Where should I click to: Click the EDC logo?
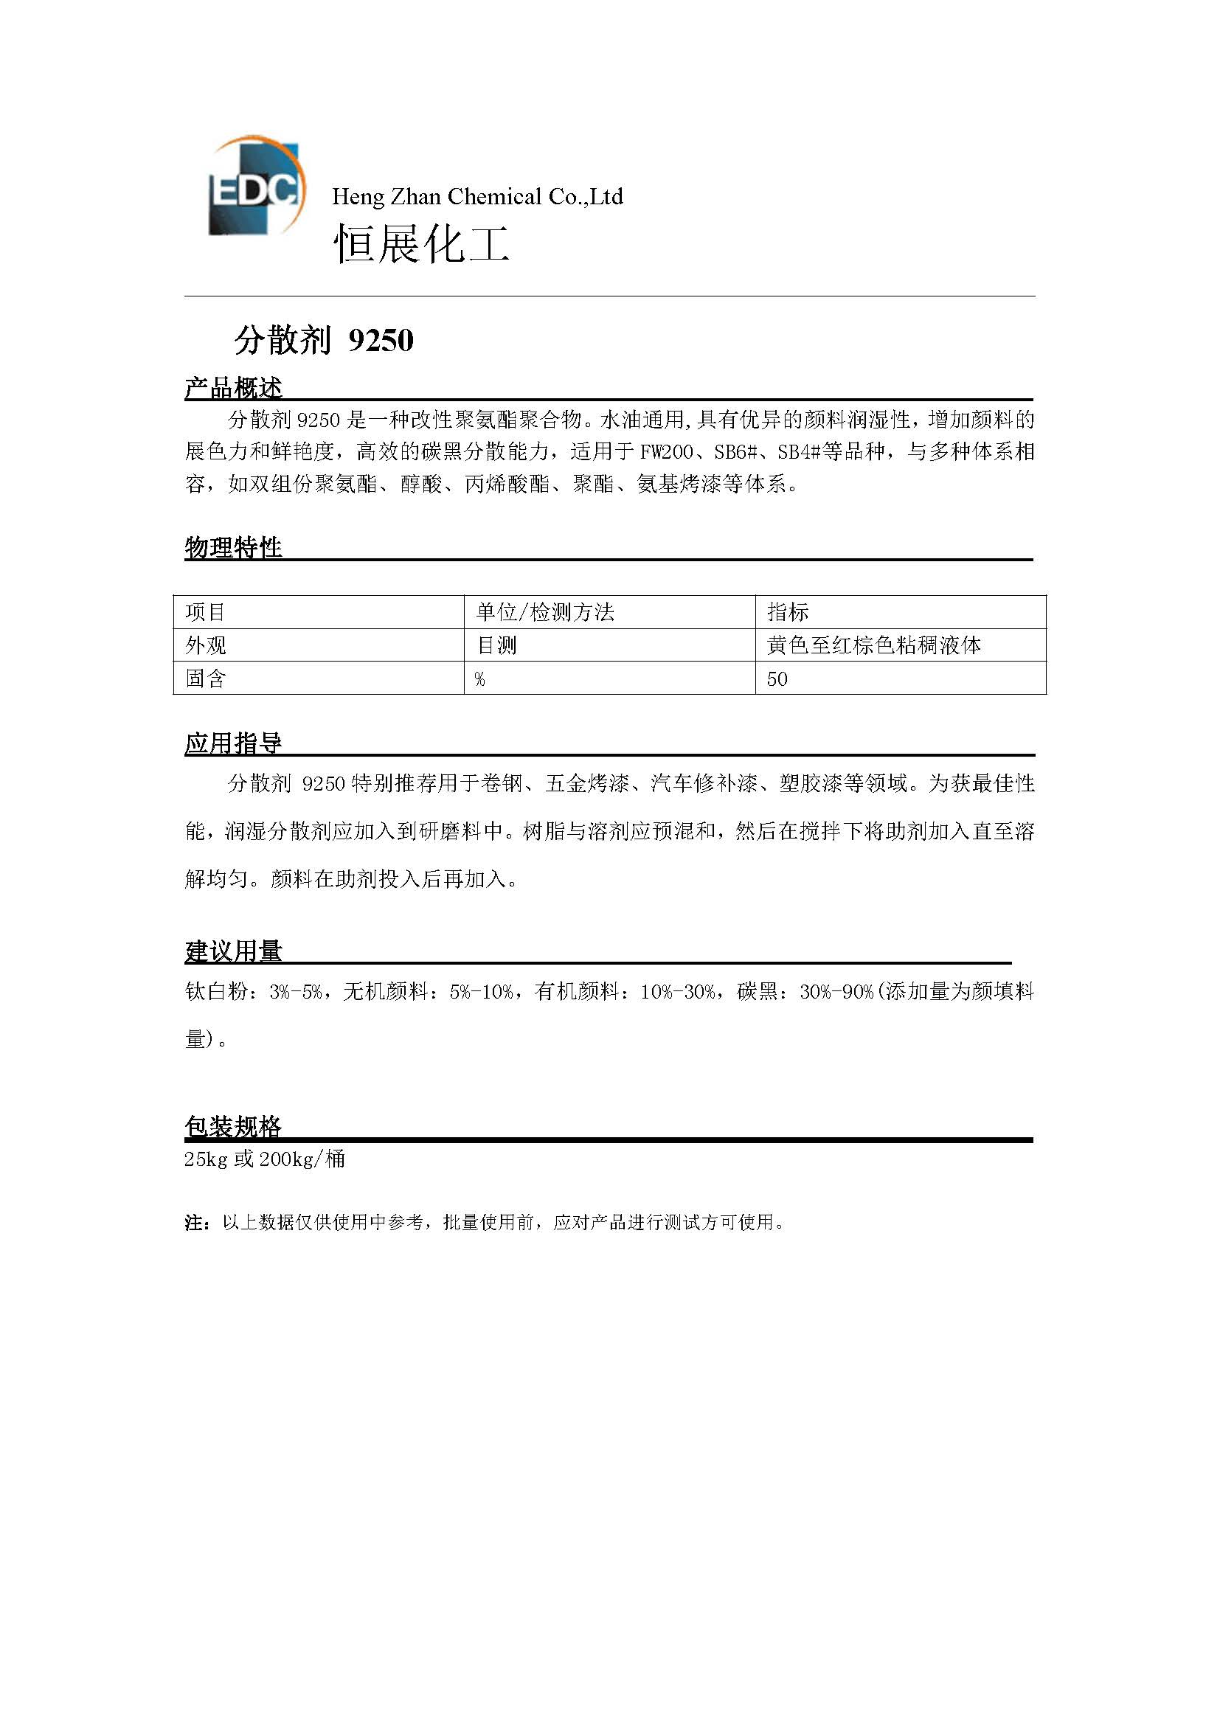(x=254, y=187)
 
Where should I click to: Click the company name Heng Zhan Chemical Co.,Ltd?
(x=477, y=197)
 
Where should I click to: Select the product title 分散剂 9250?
(x=324, y=340)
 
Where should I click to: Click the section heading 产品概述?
(x=233, y=388)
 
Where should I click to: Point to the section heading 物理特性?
(x=233, y=547)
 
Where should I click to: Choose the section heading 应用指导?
(x=233, y=743)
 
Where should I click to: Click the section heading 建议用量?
(x=233, y=951)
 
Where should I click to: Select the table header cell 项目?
(x=206, y=612)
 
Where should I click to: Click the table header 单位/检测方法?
(x=544, y=612)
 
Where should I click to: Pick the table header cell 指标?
(x=787, y=612)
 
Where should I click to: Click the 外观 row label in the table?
(x=206, y=645)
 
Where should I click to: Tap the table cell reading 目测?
(x=496, y=645)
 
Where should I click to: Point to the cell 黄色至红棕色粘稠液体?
(x=873, y=645)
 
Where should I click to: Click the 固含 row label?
(x=206, y=678)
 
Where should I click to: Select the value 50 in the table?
(x=777, y=679)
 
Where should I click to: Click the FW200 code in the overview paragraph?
(x=665, y=451)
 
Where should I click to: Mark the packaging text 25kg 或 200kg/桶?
(x=265, y=1159)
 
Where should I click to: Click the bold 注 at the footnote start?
(x=194, y=1222)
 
